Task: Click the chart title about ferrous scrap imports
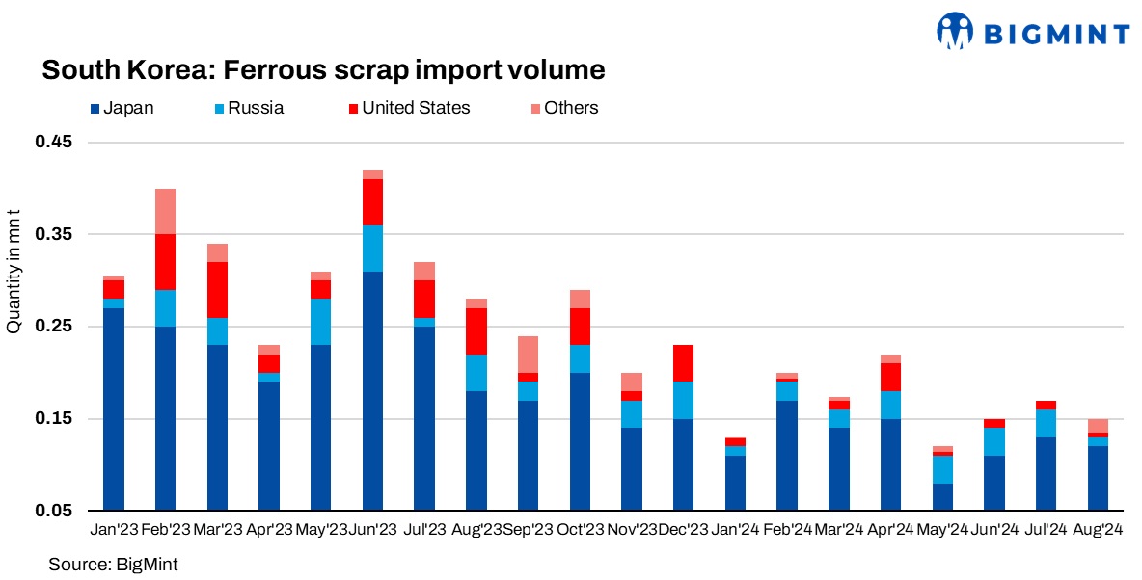pyautogui.click(x=323, y=69)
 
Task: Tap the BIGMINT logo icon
pyautogui.click(x=956, y=31)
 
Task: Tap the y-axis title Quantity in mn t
pyautogui.click(x=14, y=273)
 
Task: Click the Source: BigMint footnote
pyautogui.click(x=113, y=565)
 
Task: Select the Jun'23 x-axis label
pyautogui.click(x=372, y=530)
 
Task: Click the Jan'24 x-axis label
pyautogui.click(x=736, y=530)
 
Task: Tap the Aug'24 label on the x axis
pyautogui.click(x=1100, y=530)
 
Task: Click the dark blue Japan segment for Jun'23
pyautogui.click(x=372, y=390)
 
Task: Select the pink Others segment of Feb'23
pyautogui.click(x=165, y=211)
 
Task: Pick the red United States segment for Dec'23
pyautogui.click(x=684, y=363)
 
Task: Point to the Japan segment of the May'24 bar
pyautogui.click(x=943, y=496)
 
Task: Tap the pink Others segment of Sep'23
pyautogui.click(x=529, y=354)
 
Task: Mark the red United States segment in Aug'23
pyautogui.click(x=476, y=331)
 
